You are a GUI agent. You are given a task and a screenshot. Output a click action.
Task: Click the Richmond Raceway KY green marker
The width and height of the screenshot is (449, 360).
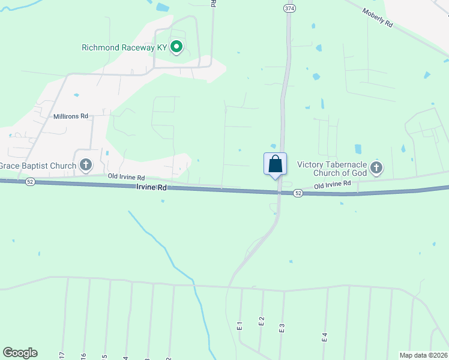point(176,47)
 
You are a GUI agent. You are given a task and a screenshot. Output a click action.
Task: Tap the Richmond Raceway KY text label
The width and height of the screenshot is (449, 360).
point(124,47)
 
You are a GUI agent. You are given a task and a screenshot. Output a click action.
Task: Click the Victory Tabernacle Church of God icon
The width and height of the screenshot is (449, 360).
point(376,167)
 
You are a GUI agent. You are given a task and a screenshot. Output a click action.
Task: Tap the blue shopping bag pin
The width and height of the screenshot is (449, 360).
point(275,164)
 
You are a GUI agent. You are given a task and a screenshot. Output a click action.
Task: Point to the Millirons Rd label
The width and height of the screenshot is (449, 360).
point(70,116)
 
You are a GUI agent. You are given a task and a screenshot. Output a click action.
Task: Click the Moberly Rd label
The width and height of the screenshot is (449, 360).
point(377,17)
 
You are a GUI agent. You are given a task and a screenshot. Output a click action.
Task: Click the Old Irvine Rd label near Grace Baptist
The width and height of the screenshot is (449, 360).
point(126,178)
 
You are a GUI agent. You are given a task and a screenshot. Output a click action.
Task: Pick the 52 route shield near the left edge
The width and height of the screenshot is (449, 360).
point(29,181)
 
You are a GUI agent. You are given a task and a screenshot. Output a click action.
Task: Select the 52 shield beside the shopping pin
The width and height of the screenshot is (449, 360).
point(298,193)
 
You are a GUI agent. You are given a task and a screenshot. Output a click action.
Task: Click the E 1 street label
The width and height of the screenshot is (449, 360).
point(240,326)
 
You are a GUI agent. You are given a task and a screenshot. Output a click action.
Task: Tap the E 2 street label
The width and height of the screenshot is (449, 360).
point(262,321)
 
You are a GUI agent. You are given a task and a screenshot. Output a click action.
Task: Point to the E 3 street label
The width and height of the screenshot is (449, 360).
point(282,328)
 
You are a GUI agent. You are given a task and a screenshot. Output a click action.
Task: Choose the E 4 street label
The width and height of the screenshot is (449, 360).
point(325,337)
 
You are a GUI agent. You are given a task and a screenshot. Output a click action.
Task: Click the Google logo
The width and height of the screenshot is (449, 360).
point(20,353)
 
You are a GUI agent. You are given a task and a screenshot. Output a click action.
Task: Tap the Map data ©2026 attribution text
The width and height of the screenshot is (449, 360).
point(423,355)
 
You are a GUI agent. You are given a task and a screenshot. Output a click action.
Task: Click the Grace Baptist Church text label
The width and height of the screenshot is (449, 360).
point(38,166)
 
